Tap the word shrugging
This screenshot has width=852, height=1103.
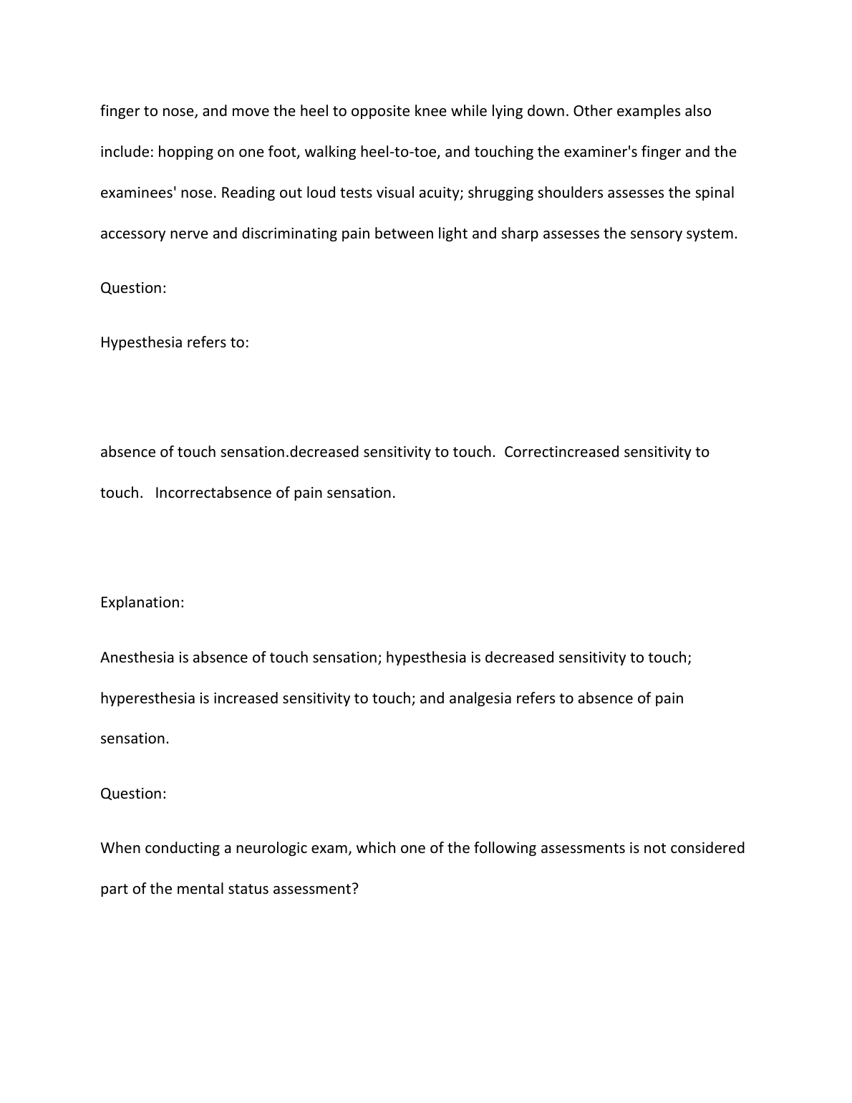coord(500,193)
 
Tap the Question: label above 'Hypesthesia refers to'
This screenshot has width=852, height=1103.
coord(133,289)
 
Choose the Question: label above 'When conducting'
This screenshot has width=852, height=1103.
coord(133,794)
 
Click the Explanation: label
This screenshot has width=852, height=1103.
coord(142,603)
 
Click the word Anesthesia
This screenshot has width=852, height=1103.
coord(137,658)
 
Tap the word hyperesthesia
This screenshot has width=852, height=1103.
coord(147,699)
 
